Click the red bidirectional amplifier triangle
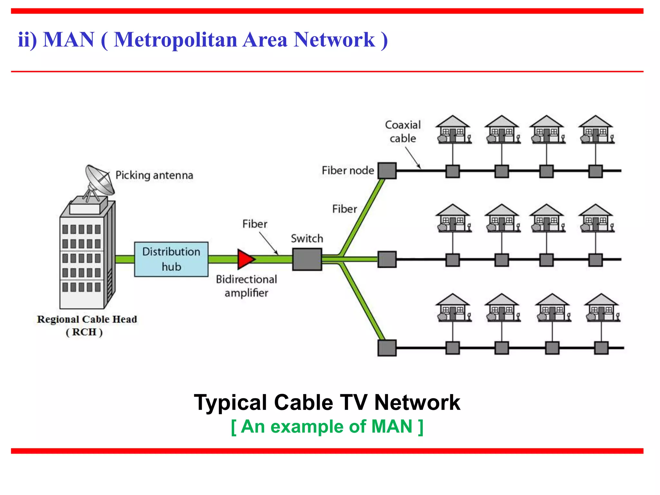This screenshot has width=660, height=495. [245, 259]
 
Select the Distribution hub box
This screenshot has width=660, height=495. [171, 259]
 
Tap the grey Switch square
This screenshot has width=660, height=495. [307, 259]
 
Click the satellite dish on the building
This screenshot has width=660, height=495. [99, 180]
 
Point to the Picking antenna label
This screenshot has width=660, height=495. [154, 175]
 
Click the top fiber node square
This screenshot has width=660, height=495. [387, 170]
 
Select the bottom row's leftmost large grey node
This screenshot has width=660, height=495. [387, 348]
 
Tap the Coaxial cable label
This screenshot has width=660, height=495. [403, 131]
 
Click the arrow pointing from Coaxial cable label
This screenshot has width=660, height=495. [413, 158]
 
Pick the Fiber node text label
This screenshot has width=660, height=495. [348, 170]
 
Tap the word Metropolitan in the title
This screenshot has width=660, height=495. [176, 40]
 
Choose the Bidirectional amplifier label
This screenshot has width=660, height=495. [246, 286]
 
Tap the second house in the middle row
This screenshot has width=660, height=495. [502, 218]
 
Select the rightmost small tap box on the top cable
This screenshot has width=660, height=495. [595, 171]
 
